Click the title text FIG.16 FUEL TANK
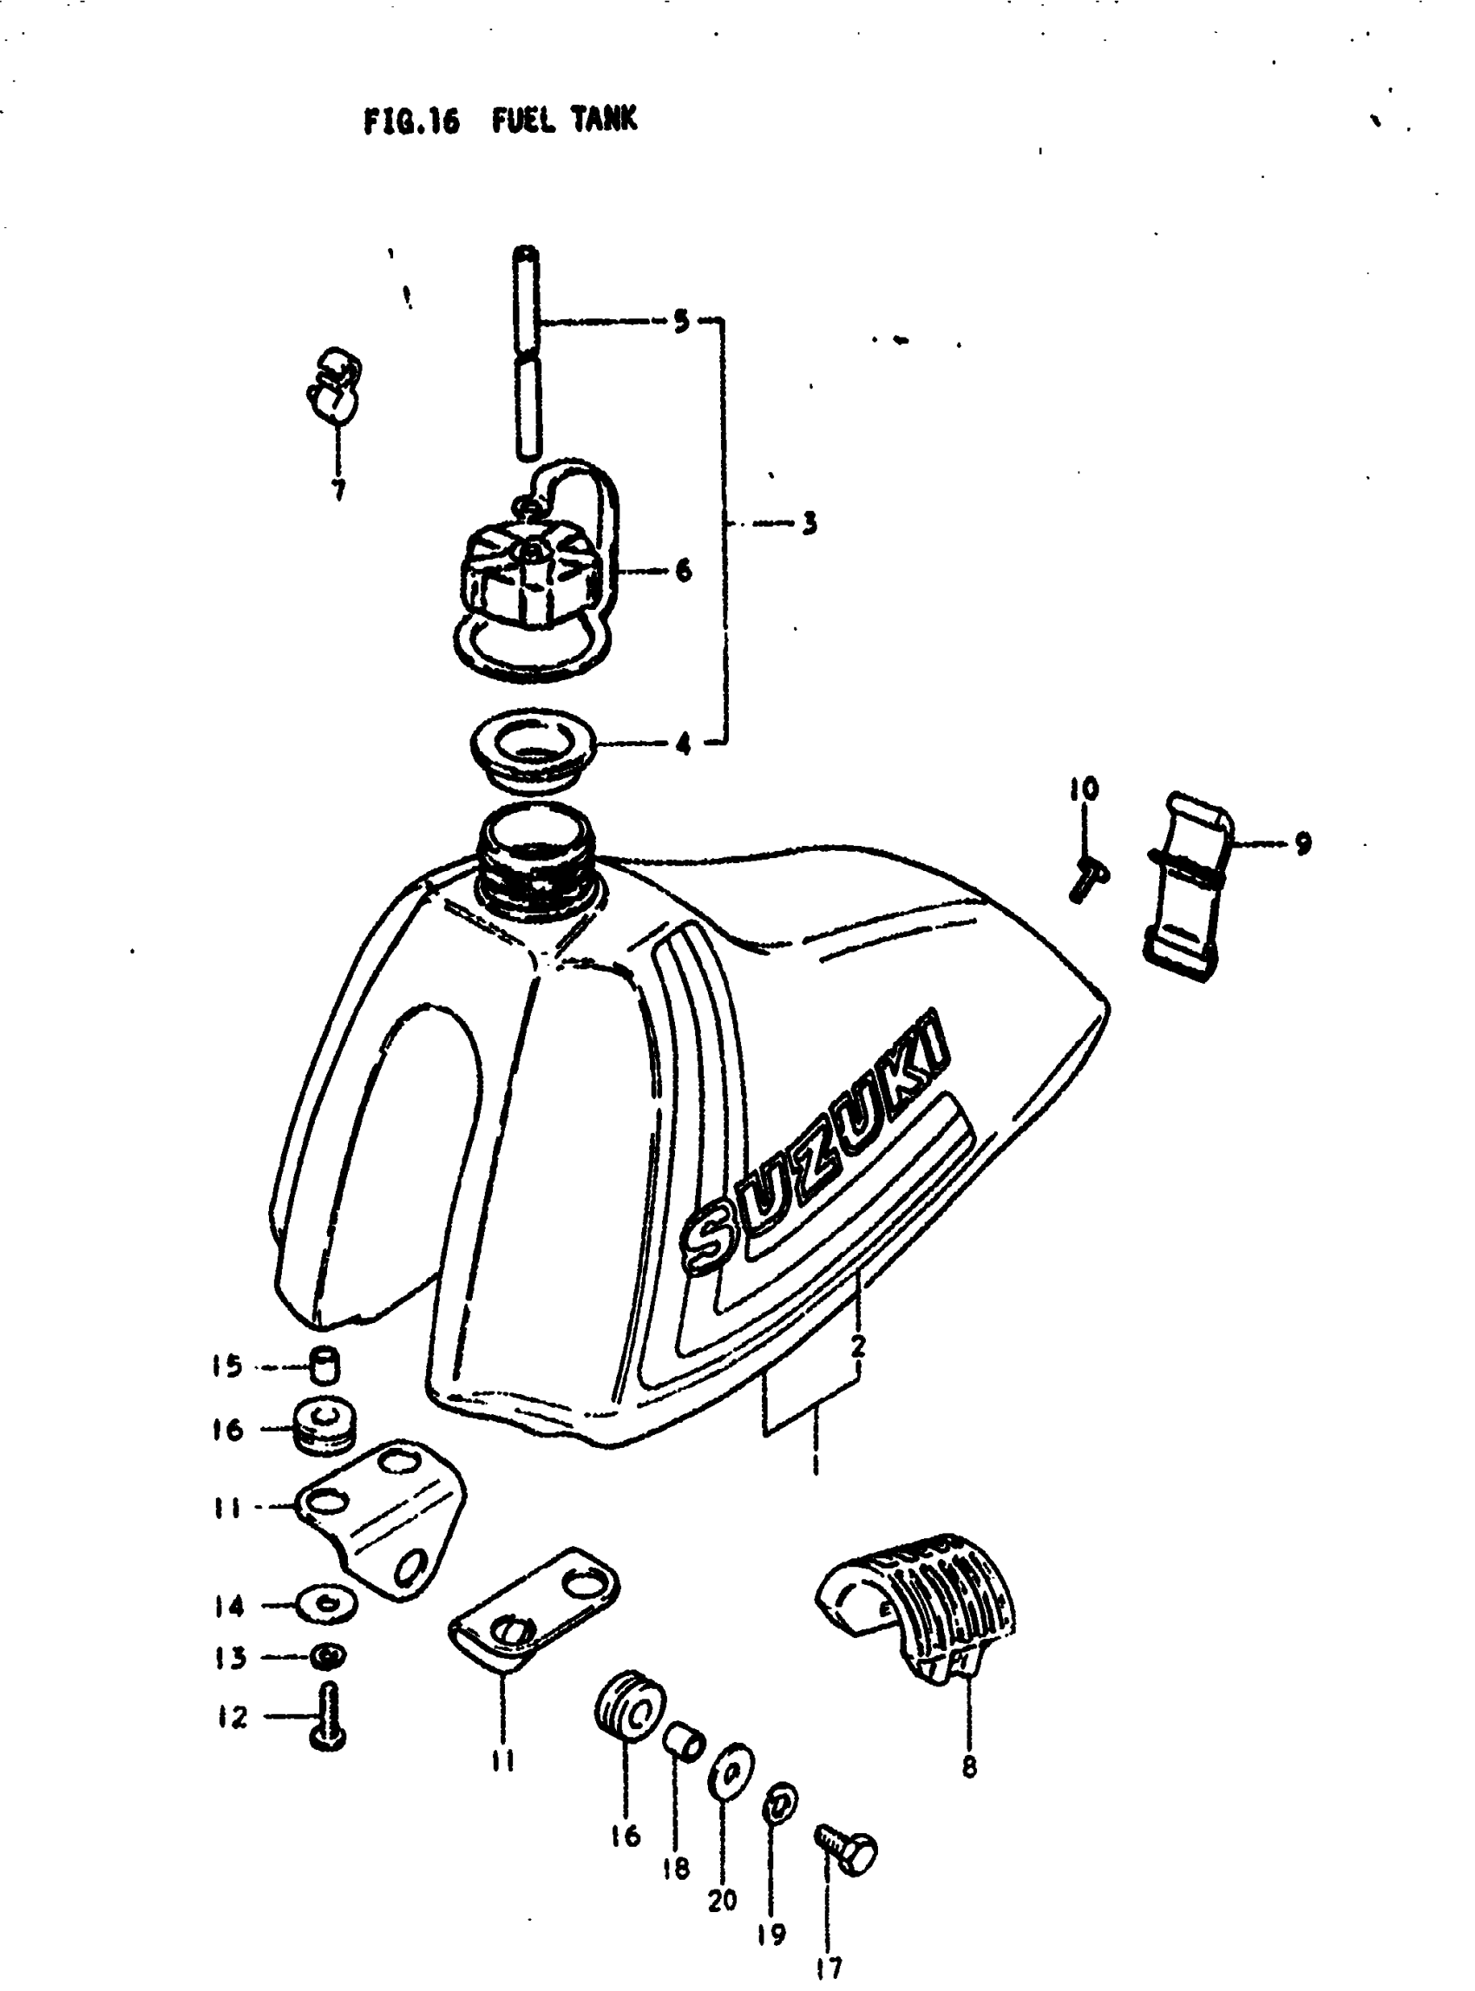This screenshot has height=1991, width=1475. (500, 120)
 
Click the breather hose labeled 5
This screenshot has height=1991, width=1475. (527, 353)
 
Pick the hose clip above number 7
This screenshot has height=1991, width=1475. (333, 386)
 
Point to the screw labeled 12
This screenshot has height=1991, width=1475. (329, 1714)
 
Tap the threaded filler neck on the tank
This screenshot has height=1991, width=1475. (534, 861)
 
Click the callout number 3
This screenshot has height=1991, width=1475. (809, 523)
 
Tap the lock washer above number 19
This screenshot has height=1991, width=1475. (779, 1805)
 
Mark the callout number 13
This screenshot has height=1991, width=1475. (230, 1657)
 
